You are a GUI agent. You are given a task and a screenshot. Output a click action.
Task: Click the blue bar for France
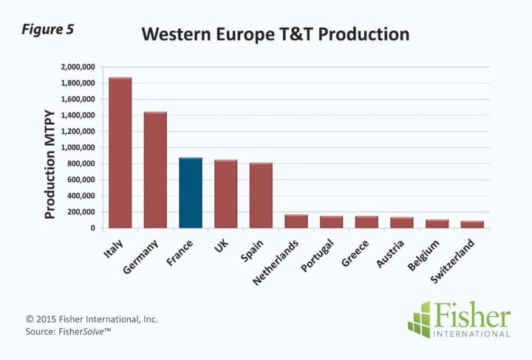coord(191,192)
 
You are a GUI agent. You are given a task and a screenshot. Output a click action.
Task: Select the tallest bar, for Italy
coord(120,153)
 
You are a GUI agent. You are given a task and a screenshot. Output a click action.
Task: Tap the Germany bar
coord(155,170)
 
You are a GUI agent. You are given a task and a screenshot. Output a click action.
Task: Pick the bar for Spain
coord(261,195)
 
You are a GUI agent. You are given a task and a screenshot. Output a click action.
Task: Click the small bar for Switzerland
coord(472,224)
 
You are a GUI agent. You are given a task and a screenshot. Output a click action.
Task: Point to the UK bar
coord(225,194)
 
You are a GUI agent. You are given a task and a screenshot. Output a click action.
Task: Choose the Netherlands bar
coord(296,221)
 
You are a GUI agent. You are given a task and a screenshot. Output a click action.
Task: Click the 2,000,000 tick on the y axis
coord(78,67)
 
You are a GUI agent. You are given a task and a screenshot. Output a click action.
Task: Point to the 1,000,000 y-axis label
coord(78,148)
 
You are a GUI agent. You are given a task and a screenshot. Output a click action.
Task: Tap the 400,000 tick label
coord(81,196)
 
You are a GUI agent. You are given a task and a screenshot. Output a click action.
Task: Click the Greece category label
coord(355,253)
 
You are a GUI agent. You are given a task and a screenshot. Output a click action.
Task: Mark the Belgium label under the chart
coord(423,255)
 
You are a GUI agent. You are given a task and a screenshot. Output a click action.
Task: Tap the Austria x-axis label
coord(390,254)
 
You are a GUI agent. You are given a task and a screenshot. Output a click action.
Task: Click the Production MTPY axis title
coord(50,165)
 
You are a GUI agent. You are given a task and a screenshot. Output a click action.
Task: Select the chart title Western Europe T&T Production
coord(276,34)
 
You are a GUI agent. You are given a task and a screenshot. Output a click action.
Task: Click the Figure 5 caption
coord(48,30)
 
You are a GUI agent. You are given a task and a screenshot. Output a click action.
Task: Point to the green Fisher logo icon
coord(420,319)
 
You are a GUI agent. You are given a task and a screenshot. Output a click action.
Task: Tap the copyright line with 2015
coord(92,319)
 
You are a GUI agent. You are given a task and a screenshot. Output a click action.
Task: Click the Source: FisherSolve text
coord(68,331)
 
